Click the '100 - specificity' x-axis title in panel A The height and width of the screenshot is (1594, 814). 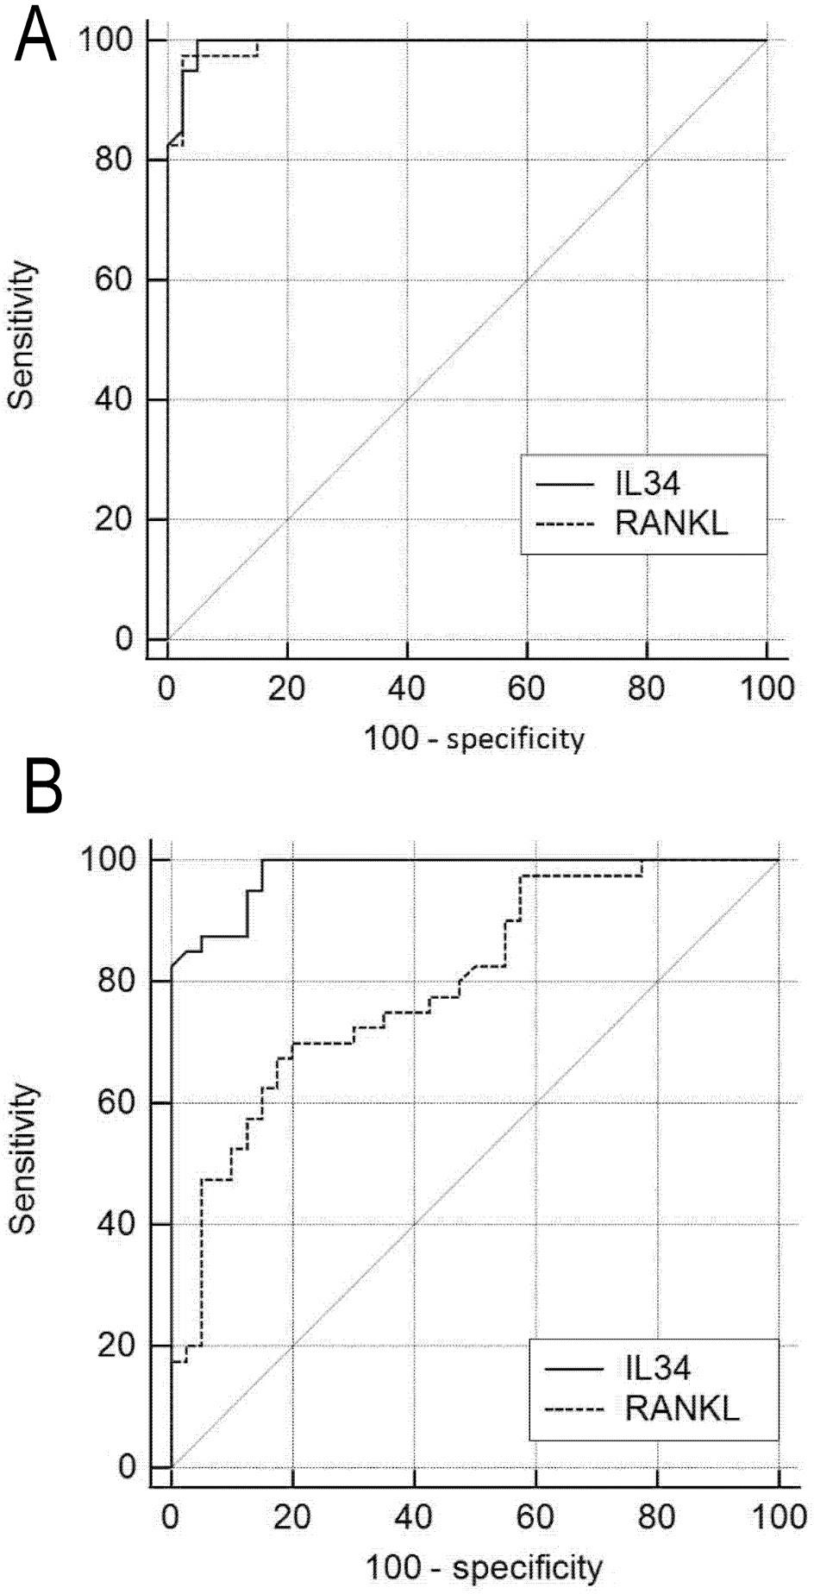(474, 738)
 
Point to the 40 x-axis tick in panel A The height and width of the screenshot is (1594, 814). (407, 689)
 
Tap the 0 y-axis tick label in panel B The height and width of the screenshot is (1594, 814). (128, 1466)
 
